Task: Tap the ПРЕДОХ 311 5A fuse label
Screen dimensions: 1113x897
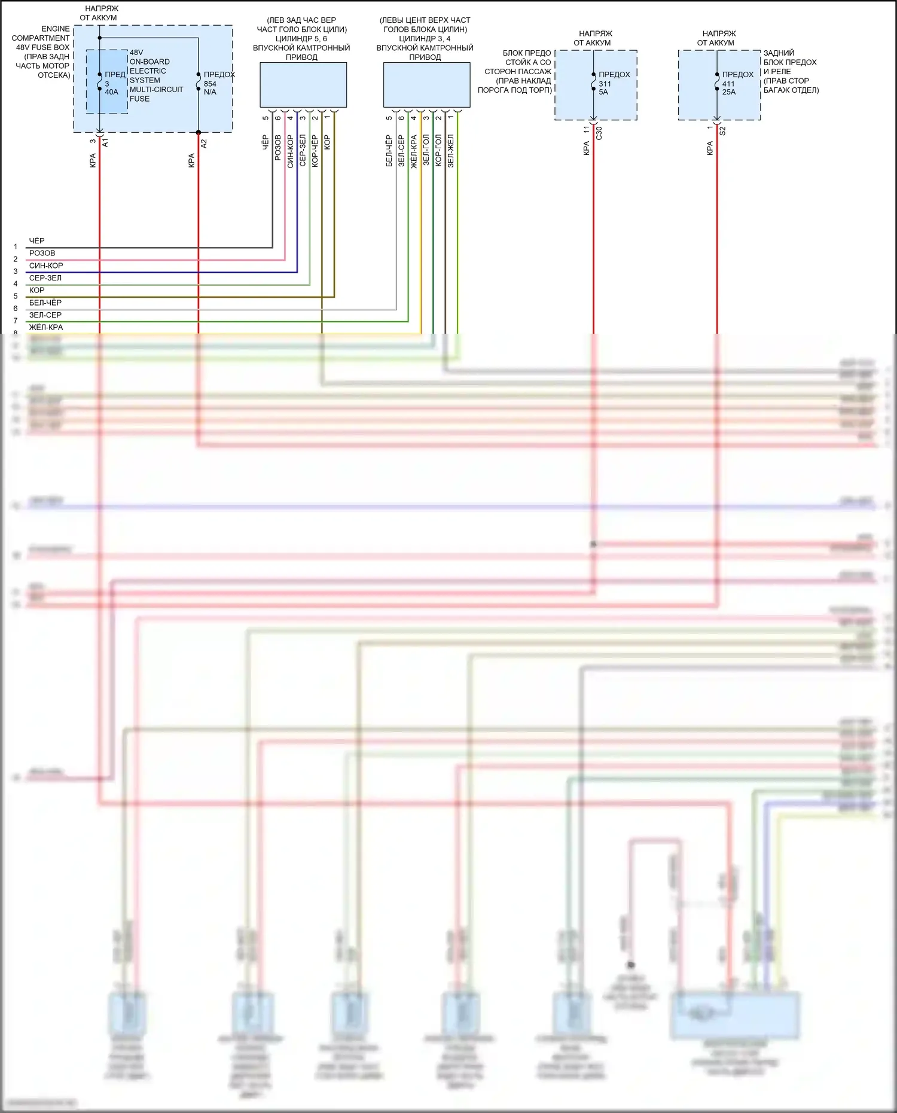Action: pyautogui.click(x=612, y=83)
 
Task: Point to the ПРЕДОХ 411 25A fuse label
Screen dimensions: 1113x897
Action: pyautogui.click(x=736, y=83)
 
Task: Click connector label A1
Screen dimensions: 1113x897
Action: pyautogui.click(x=106, y=142)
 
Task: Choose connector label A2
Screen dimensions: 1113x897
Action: pyautogui.click(x=204, y=144)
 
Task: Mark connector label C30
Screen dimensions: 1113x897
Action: pyautogui.click(x=599, y=133)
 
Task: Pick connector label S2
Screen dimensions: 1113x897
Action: pyautogui.click(x=722, y=130)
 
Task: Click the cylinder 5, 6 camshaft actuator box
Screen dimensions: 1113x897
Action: pyautogui.click(x=303, y=85)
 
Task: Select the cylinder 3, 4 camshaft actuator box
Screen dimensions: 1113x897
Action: pyautogui.click(x=426, y=85)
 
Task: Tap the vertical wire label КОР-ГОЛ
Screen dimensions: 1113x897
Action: pyautogui.click(x=438, y=150)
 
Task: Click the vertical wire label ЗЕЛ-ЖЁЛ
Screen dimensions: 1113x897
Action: pyautogui.click(x=451, y=150)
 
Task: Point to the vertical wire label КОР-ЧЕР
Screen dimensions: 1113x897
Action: pyautogui.click(x=315, y=150)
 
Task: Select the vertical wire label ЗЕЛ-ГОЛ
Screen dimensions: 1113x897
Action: pyautogui.click(x=426, y=150)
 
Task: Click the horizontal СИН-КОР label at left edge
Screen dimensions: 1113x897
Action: pyautogui.click(x=46, y=266)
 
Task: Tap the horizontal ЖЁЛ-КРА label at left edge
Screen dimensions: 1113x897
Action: pyautogui.click(x=46, y=327)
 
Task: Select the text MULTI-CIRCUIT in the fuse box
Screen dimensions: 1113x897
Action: pyautogui.click(x=156, y=90)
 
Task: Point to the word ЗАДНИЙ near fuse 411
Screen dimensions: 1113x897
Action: pyautogui.click(x=779, y=53)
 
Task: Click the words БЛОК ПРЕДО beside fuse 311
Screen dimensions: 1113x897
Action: pyautogui.click(x=526, y=53)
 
